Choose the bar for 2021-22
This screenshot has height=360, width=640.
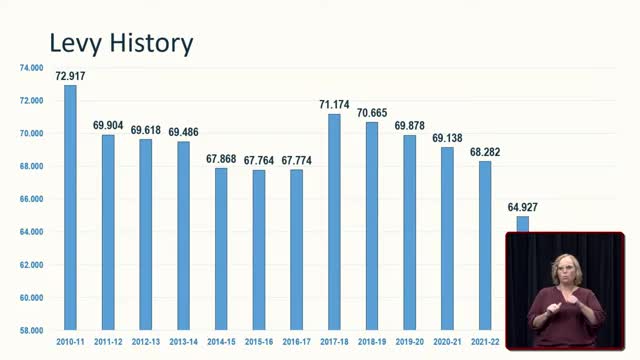(x=485, y=245)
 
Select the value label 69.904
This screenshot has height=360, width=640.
(x=108, y=125)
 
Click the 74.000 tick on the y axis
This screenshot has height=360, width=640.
(x=31, y=68)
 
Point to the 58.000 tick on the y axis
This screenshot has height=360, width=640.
(x=31, y=330)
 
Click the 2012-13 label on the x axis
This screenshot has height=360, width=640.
(x=145, y=341)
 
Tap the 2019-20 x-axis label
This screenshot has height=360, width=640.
(x=409, y=341)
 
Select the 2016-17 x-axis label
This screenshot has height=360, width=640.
(x=296, y=341)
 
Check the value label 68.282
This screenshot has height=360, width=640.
(x=485, y=151)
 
